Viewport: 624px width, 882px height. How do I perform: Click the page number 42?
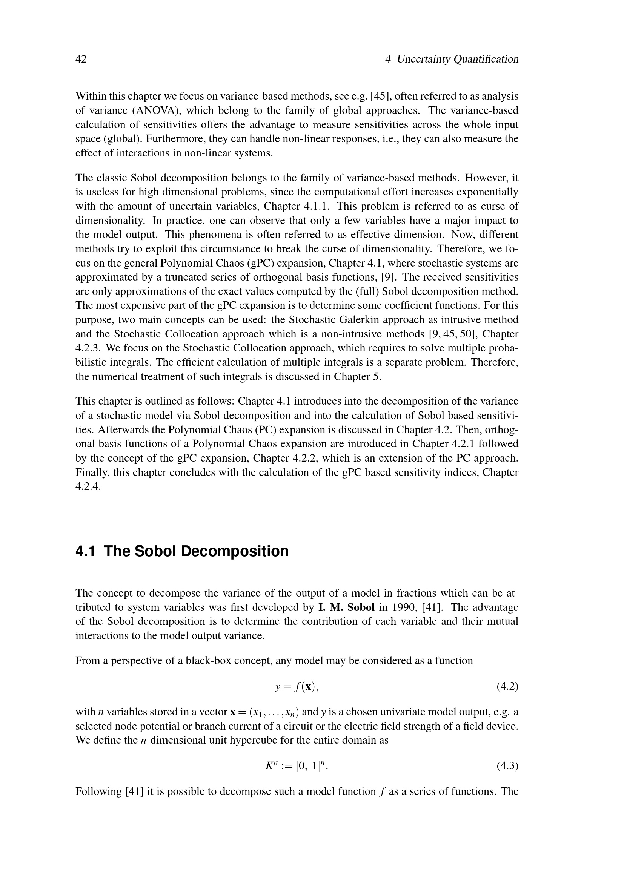[81, 59]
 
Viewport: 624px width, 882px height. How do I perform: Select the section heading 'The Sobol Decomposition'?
[196, 551]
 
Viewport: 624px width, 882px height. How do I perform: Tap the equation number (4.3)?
[507, 766]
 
